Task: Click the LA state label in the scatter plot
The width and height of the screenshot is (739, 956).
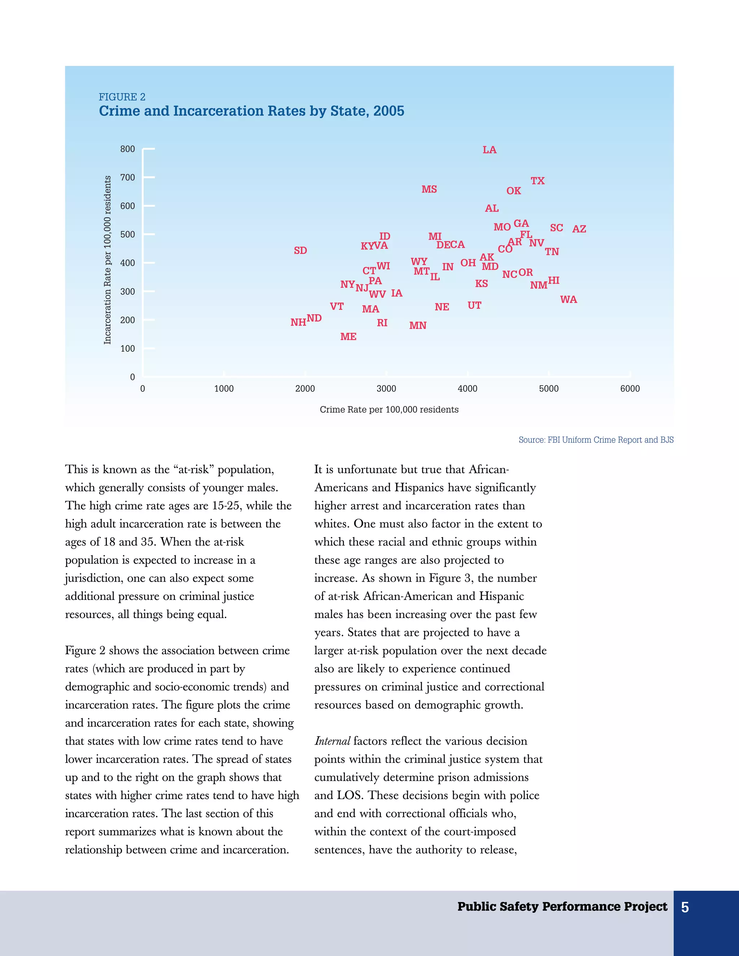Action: click(489, 150)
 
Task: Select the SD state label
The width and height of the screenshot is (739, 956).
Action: click(300, 251)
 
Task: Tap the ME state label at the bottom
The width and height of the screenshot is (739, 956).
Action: click(349, 337)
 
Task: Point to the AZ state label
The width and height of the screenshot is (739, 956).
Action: click(579, 229)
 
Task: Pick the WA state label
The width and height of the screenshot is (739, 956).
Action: click(568, 300)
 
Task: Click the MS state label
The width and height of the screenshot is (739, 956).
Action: click(429, 189)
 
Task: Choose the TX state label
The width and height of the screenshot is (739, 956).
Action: click(538, 181)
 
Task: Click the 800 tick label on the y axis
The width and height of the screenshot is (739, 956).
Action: click(127, 149)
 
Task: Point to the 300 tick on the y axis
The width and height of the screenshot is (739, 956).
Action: click(127, 291)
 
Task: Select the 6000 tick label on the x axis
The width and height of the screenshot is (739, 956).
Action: click(630, 389)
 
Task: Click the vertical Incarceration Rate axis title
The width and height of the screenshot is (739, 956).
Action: click(107, 260)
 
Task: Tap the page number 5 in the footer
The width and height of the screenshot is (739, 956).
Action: click(685, 907)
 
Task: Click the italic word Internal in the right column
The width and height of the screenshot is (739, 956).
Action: click(332, 741)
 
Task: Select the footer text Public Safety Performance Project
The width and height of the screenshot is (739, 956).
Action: click(562, 907)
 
